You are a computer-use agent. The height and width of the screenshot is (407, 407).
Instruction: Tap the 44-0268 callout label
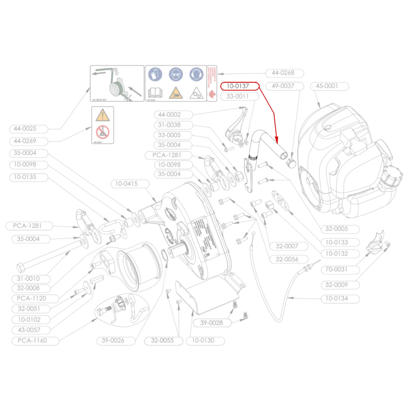click(283, 73)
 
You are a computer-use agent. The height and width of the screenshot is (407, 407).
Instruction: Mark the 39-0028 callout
click(212, 323)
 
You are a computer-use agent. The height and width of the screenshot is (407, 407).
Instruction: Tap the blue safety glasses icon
click(176, 74)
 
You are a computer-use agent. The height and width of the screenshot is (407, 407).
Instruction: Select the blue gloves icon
click(155, 74)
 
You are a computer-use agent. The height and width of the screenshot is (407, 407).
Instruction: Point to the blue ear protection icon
click(196, 74)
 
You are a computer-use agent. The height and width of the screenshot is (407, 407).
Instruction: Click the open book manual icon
click(155, 93)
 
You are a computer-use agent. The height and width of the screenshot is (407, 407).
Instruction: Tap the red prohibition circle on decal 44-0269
click(102, 132)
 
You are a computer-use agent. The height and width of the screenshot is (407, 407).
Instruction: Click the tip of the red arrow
click(277, 142)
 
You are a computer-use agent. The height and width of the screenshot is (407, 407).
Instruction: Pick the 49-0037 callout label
click(283, 86)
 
